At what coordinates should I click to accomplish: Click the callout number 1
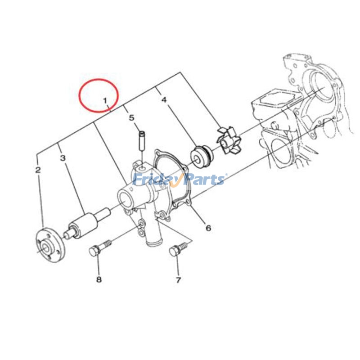[105, 100]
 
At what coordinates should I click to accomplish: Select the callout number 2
[38, 170]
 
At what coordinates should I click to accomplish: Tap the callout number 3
[63, 158]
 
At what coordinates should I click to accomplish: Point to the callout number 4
[164, 100]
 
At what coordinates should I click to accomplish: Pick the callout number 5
[131, 118]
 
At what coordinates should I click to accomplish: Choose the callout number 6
[208, 228]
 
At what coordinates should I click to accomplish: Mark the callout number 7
[178, 280]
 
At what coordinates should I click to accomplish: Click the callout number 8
[99, 279]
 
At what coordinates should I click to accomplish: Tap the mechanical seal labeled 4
[202, 156]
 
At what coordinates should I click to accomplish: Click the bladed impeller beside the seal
[229, 141]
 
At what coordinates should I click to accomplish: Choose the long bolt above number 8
[100, 247]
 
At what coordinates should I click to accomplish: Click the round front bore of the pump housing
[125, 198]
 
